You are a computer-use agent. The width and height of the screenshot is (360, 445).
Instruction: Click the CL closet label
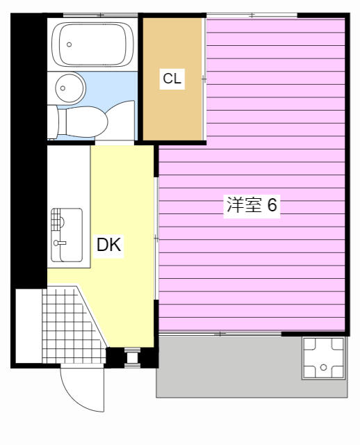tap(172, 79)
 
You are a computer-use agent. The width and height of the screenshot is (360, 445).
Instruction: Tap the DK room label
tap(108, 245)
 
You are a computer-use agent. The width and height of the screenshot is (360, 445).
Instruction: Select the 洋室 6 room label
tap(252, 204)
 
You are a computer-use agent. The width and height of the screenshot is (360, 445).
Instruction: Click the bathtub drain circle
tap(69, 44)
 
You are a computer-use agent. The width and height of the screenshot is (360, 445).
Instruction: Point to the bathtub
tap(92, 44)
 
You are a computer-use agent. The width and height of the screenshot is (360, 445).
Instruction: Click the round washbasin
tap(70, 88)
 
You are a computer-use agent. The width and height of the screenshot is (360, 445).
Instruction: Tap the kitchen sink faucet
tap(60, 243)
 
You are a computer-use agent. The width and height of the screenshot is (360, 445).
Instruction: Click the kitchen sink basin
tap(67, 235)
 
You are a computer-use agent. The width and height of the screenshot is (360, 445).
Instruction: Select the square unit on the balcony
tap(323, 358)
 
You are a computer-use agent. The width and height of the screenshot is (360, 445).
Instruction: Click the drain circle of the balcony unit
tap(323, 368)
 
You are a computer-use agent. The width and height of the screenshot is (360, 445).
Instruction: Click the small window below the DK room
tap(133, 357)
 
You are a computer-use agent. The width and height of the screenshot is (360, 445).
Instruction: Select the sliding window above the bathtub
tap(100, 15)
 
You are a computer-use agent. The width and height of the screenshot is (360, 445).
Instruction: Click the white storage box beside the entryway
tap(28, 326)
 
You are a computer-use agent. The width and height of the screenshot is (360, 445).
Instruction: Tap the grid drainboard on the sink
tap(56, 220)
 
